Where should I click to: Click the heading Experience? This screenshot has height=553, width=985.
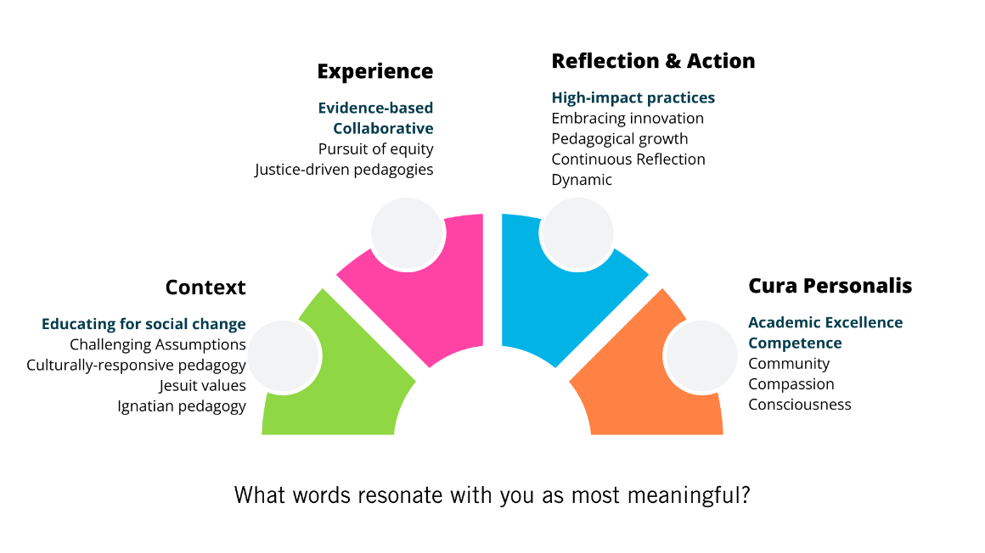(x=374, y=71)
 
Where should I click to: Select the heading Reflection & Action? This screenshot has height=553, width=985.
(x=652, y=61)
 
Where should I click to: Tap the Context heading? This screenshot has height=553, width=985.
(x=205, y=288)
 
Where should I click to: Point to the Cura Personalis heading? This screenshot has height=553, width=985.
(x=830, y=286)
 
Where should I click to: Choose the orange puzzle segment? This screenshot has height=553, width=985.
(x=645, y=399)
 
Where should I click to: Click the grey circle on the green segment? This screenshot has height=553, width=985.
(x=284, y=356)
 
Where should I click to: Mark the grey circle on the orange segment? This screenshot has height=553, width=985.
(x=701, y=356)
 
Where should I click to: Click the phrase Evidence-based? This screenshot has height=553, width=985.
(x=375, y=108)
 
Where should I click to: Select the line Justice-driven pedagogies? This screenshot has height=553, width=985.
(x=344, y=170)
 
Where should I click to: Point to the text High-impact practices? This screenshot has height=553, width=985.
(x=633, y=98)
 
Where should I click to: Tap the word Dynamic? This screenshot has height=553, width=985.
(x=581, y=180)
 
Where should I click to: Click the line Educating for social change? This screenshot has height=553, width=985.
(x=144, y=324)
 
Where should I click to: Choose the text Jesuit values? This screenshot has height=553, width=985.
(x=202, y=386)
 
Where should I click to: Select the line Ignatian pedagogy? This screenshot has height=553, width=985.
(x=182, y=406)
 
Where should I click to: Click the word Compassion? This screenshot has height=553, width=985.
(x=791, y=384)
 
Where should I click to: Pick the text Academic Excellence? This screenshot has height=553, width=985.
(x=825, y=322)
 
